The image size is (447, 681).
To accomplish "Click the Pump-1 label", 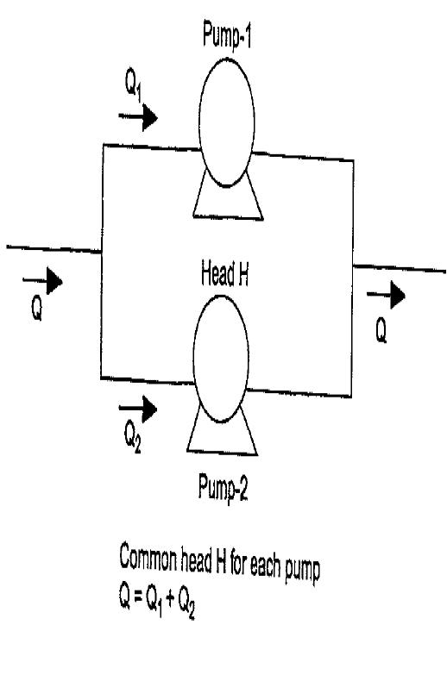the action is pos(227,35).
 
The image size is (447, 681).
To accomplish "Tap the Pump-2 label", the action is pos(223,488).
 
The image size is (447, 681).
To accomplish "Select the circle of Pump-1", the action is pos(199,123).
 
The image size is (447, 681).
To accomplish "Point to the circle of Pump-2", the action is pos(194,359).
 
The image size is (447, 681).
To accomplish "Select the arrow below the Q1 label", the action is pos(138,117).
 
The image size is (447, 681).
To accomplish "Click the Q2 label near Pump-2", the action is pos(132,437).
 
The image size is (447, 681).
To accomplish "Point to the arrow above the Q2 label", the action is pos(138,409).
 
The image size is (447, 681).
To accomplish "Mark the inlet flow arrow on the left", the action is pos(42,281).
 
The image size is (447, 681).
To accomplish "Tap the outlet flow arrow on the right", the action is pos(386,295).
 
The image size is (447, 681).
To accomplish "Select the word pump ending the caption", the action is pos(302,569).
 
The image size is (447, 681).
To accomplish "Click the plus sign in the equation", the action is pos(170,599).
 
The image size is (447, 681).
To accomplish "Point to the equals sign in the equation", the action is pos(137,597).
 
